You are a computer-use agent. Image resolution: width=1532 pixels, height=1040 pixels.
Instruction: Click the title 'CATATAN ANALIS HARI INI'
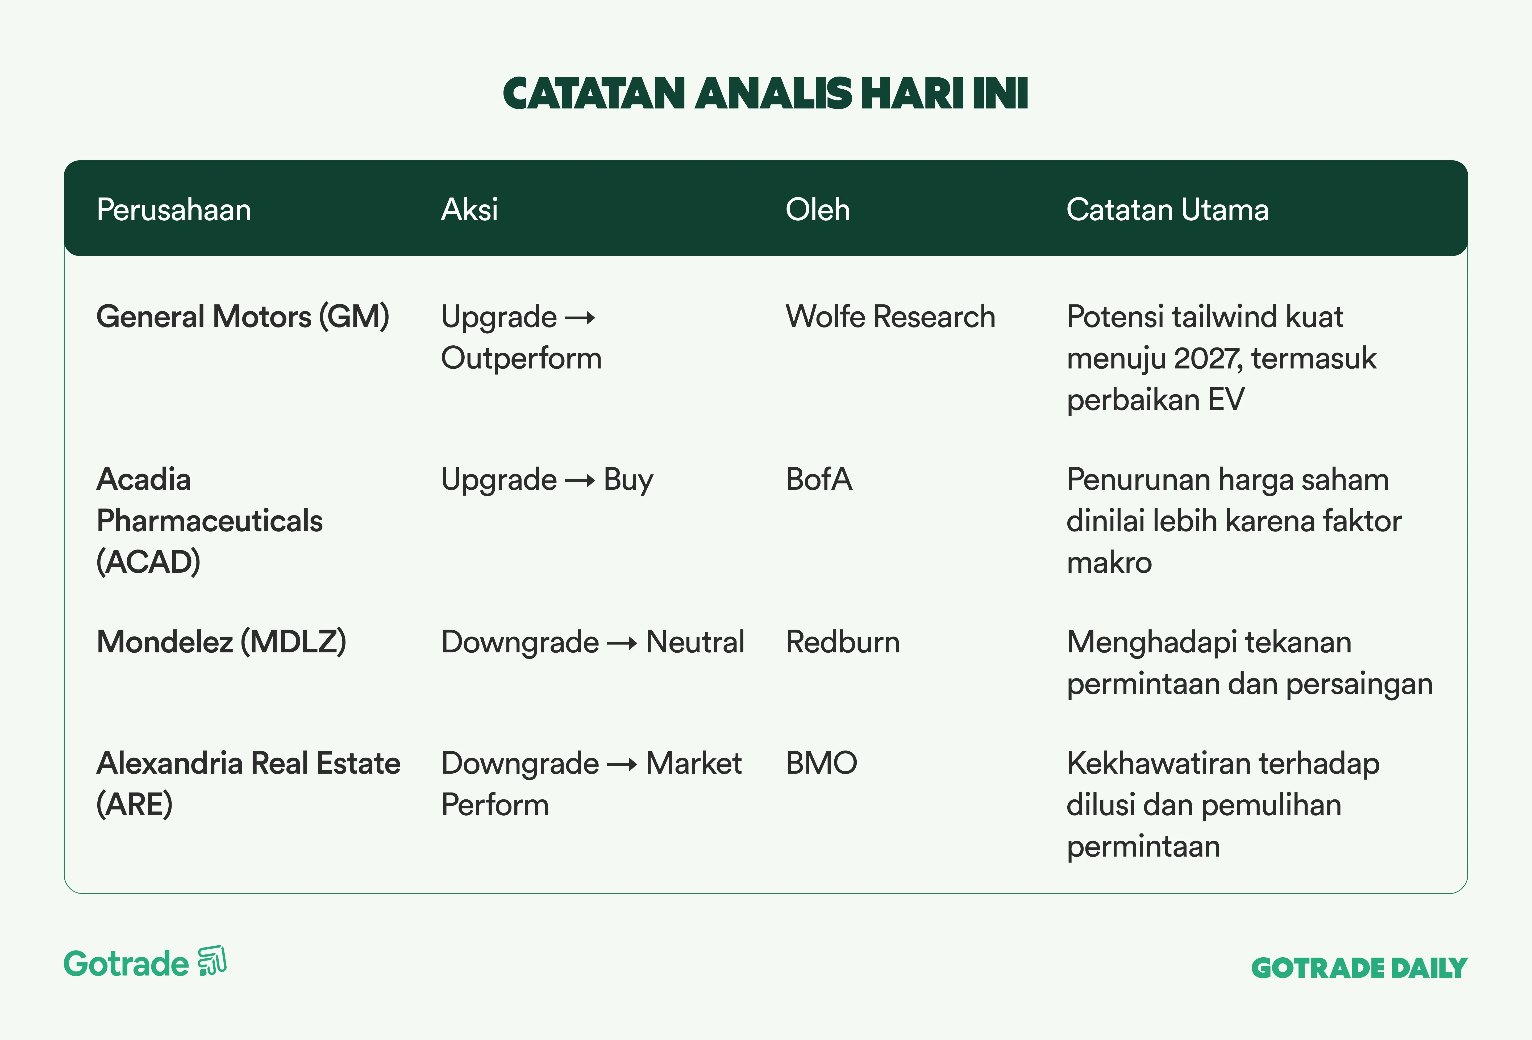765,94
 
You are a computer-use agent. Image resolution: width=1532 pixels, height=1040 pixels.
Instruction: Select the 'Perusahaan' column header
174,209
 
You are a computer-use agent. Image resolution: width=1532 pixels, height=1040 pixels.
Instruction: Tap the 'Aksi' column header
469,209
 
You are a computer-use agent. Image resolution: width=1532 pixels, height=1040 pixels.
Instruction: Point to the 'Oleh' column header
817,209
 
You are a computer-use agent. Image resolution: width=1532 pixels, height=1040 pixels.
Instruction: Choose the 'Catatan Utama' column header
1167,209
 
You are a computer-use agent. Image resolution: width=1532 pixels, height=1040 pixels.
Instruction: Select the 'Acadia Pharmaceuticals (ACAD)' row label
210,521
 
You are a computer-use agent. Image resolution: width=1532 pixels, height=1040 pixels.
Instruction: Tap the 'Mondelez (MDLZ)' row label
222,642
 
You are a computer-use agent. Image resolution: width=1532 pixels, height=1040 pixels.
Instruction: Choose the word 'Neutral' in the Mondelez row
695,642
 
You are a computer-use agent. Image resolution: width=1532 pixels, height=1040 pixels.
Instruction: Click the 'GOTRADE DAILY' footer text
1359,968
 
